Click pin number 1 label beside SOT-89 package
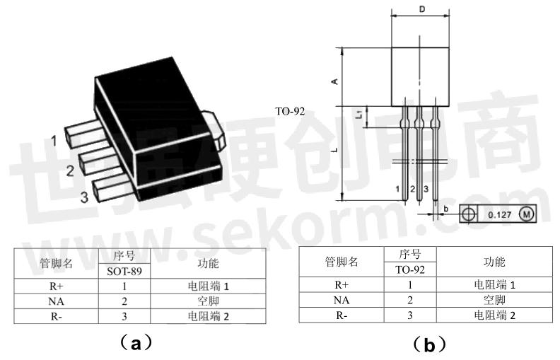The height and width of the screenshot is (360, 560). pos(54,141)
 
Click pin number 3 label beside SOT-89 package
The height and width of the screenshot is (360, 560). pos(84,197)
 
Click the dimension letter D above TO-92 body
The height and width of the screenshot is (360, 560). pos(421,9)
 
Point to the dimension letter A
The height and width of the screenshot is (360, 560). pos(335,81)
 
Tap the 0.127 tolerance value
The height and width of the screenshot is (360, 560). pos(498,214)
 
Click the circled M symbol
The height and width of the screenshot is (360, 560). pos(526,214)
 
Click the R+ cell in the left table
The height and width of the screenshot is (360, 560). pos(56,286)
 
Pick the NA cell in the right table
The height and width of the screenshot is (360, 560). pos(342,299)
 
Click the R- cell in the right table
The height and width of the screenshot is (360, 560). pos(342,314)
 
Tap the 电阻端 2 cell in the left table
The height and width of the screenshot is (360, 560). pos(209,316)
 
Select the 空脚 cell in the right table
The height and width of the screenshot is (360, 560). pos(494,299)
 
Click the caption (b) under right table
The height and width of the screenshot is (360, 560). pos(429,345)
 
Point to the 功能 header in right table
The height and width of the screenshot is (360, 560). pos(494,262)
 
